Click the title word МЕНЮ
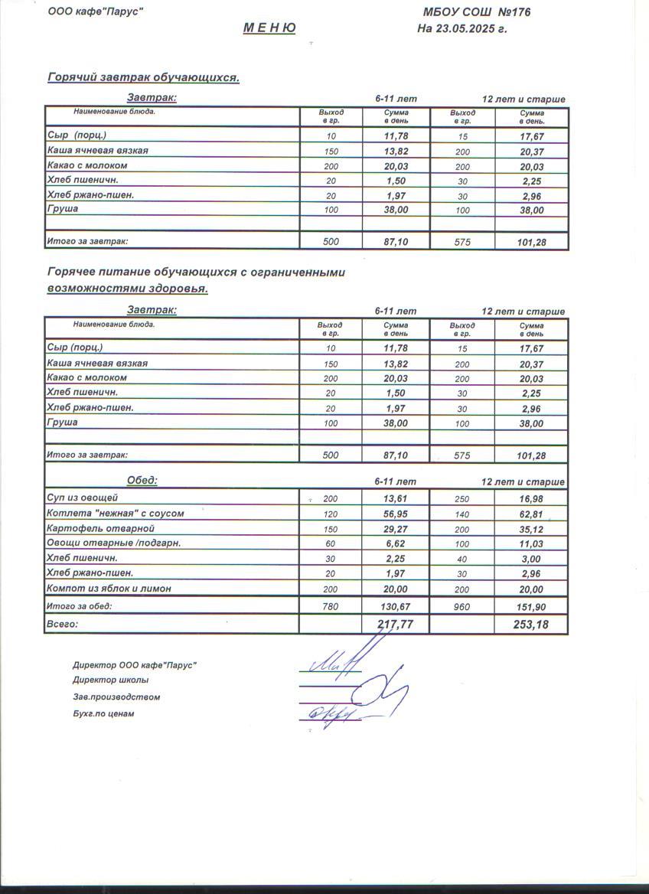pos(269,28)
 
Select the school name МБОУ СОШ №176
pos(476,12)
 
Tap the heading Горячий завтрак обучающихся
pos(143,77)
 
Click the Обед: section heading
pos(142,481)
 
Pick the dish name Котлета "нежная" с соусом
pos(116,514)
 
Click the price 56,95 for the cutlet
pos(396,514)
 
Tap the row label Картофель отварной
pos(96,528)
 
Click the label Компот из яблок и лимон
pos(109,589)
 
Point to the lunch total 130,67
pos(396,606)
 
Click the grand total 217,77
pos(396,625)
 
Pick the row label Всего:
pos(63,625)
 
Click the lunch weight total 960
pos(462,606)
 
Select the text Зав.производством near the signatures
pos(116,697)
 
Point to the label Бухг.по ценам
pos(103,714)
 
